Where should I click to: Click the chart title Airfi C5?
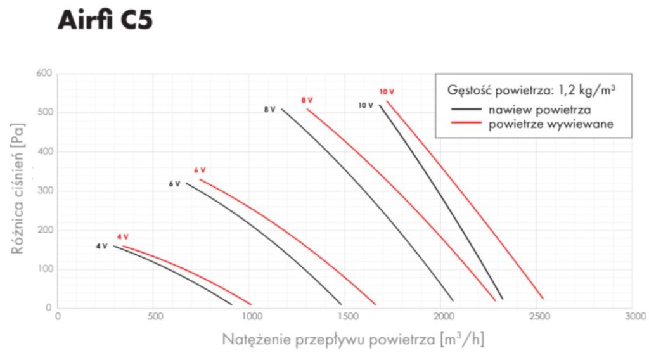105,21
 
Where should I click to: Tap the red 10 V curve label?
386,92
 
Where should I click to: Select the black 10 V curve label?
366,106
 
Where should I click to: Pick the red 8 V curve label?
307,100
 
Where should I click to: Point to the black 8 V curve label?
269,110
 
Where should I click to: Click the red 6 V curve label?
200,170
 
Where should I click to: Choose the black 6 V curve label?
174,184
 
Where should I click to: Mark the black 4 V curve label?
101,246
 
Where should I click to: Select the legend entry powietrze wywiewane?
551,124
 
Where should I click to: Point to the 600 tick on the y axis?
44,74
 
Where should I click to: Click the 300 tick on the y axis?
44,191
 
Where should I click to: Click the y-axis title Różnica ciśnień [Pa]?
20,191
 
